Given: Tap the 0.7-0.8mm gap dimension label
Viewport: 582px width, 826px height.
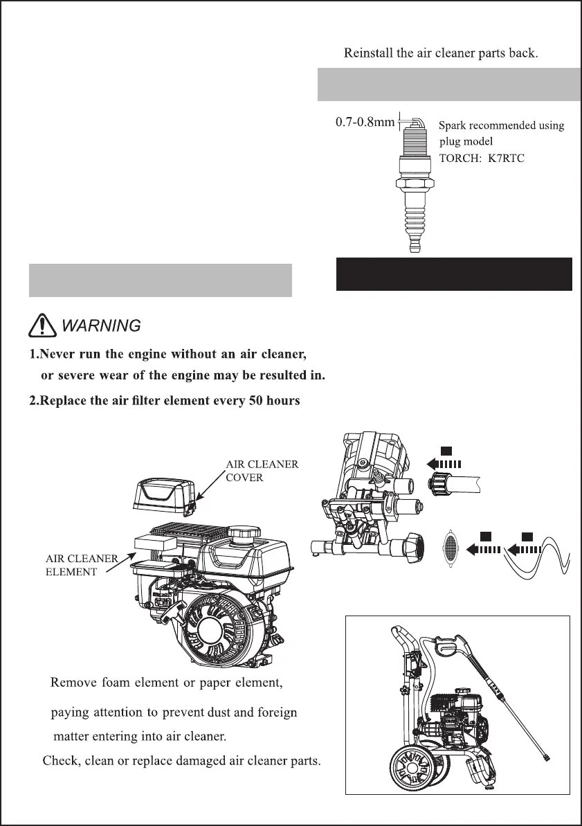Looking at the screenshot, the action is pyautogui.click(x=365, y=122).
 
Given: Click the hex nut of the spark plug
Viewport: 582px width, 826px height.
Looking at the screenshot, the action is pyautogui.click(x=414, y=186).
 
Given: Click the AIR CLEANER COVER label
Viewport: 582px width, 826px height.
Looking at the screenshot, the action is pyautogui.click(x=262, y=471).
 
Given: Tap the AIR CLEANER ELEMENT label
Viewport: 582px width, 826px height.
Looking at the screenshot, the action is pyautogui.click(x=82, y=565).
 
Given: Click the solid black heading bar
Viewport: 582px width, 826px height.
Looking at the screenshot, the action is pyautogui.click(x=454, y=274).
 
